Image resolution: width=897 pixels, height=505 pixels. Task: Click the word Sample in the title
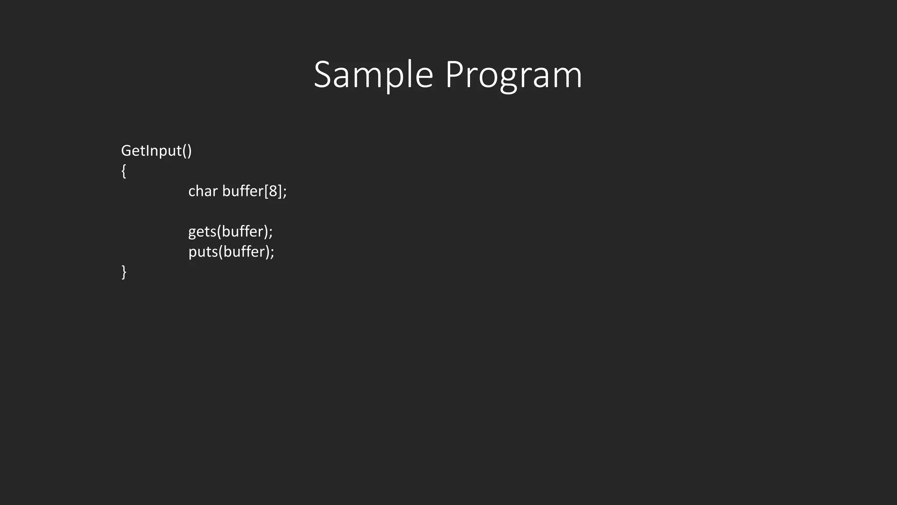(373, 75)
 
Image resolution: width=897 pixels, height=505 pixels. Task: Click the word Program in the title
(513, 75)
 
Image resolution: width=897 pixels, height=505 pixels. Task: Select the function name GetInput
(151, 151)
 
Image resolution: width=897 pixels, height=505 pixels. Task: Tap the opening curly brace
(124, 171)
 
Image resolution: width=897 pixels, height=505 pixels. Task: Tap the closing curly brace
(124, 272)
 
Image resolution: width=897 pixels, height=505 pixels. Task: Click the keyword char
(203, 191)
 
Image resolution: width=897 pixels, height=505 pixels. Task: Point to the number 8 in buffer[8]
(273, 191)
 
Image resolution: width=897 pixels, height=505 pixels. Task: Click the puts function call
(203, 252)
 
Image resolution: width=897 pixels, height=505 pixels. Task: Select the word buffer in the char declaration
(243, 191)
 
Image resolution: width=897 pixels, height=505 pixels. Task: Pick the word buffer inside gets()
(242, 231)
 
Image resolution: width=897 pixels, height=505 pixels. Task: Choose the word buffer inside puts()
(244, 252)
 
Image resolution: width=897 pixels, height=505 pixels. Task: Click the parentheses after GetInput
(187, 151)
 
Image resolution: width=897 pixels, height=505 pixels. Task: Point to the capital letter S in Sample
(323, 75)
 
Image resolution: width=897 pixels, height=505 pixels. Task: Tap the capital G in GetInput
(127, 151)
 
